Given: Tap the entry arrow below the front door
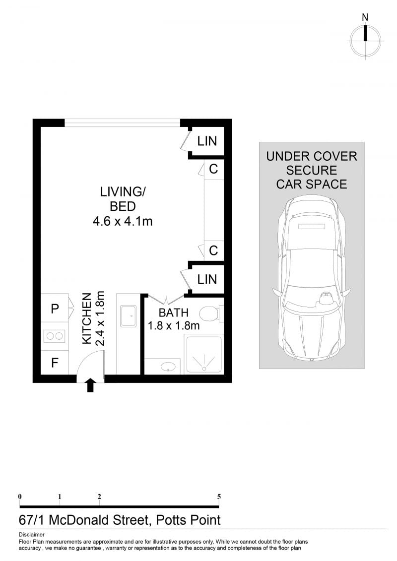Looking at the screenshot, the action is pyautogui.click(x=90, y=385).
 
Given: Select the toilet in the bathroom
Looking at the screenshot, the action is pyautogui.click(x=210, y=314).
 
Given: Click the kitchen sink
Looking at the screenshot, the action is pyautogui.click(x=128, y=316).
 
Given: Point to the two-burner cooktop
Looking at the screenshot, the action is pyautogui.click(x=55, y=336).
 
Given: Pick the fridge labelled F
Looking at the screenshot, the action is pyautogui.click(x=55, y=363).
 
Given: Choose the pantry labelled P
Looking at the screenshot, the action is pyautogui.click(x=55, y=308).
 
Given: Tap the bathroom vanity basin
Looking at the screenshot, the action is pyautogui.click(x=168, y=367).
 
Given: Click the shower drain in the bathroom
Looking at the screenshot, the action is pyautogui.click(x=204, y=368).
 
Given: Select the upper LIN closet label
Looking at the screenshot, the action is pyautogui.click(x=207, y=141).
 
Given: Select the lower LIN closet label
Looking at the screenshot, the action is pyautogui.click(x=207, y=279).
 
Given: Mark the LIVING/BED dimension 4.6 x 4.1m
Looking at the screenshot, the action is pyautogui.click(x=123, y=221).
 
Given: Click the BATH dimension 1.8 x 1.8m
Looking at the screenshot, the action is pyautogui.click(x=174, y=325).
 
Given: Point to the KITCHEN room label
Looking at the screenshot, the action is pyautogui.click(x=87, y=319).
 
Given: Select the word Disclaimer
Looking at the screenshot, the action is pyautogui.click(x=31, y=535).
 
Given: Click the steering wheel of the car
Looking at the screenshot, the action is pyautogui.click(x=326, y=298).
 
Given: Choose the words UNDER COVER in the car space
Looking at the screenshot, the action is pyautogui.click(x=312, y=156).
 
